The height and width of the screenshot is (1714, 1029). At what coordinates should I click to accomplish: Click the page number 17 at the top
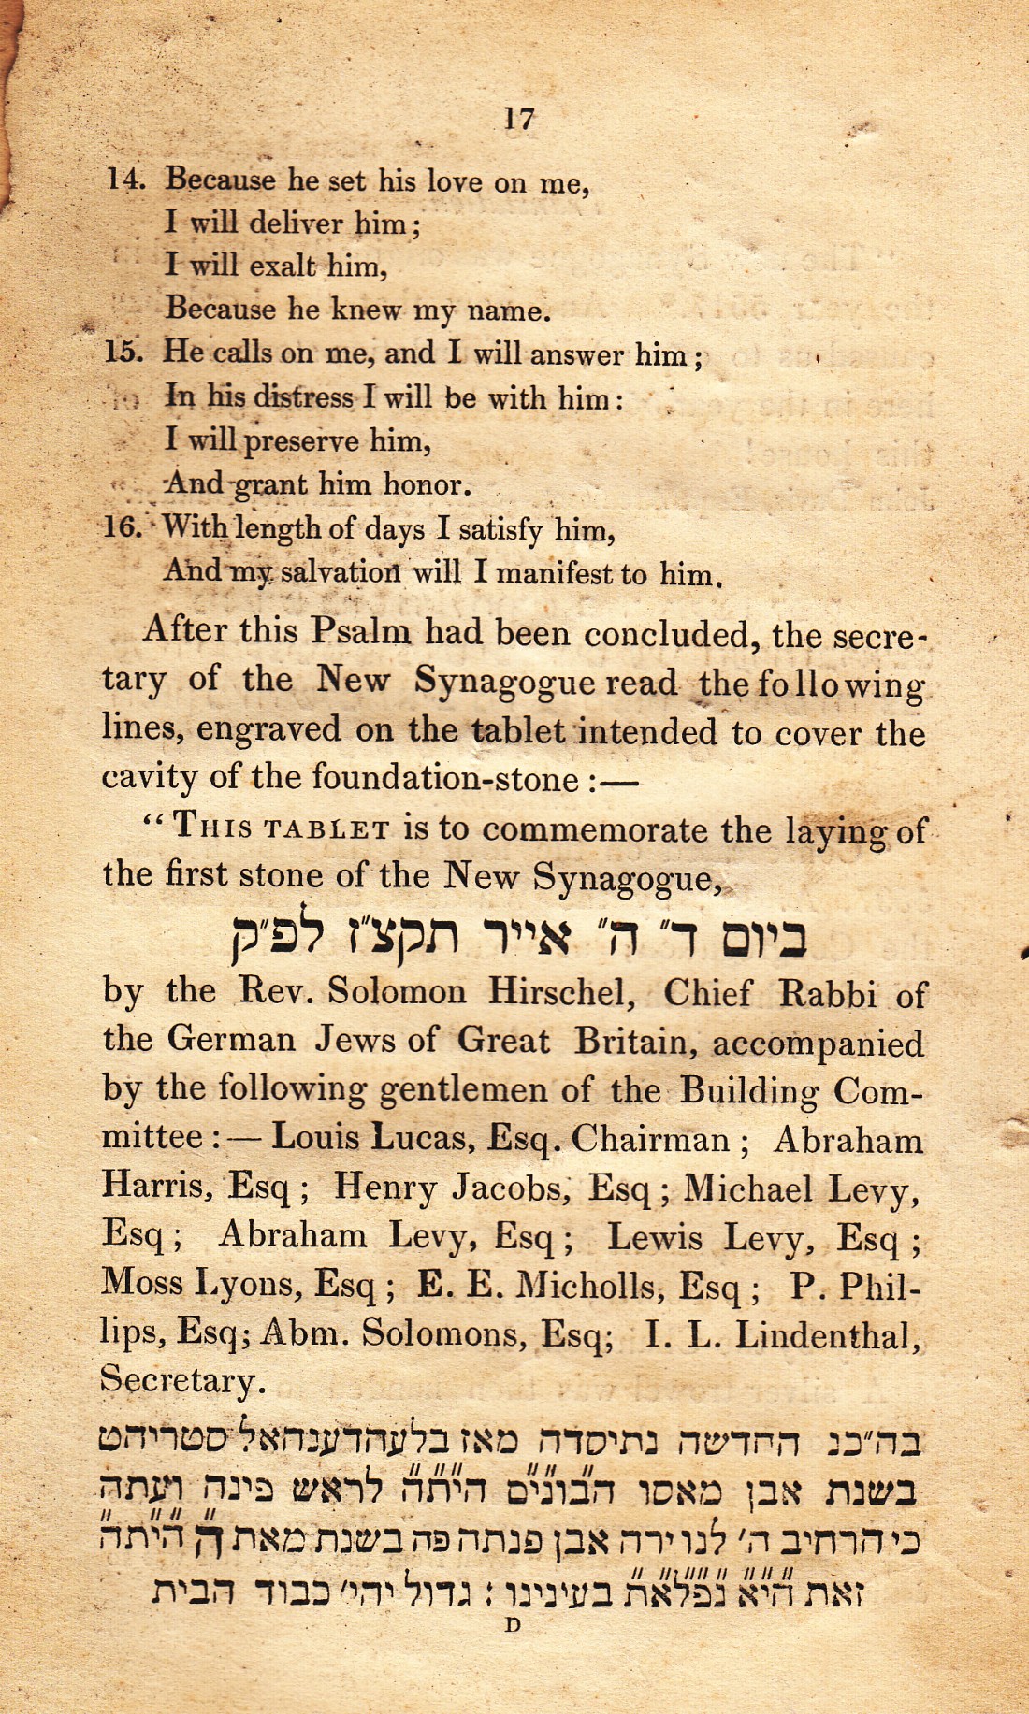pos(519,119)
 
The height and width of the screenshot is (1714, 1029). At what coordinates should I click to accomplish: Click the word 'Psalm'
pos(360,631)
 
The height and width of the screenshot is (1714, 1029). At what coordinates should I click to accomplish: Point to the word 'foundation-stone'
pos(445,778)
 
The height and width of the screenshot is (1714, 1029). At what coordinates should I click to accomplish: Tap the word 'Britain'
pos(634,1041)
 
